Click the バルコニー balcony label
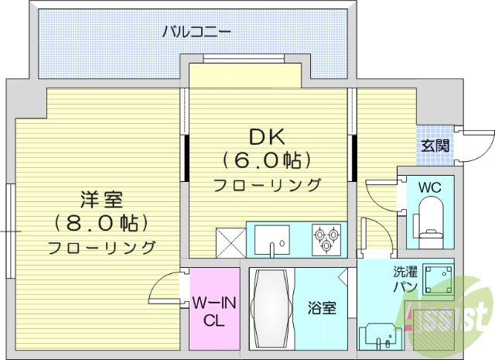click(x=196, y=33)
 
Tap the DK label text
click(x=267, y=137)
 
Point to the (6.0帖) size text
click(x=267, y=160)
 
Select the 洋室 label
click(x=101, y=200)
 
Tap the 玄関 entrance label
click(x=435, y=146)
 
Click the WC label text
click(x=430, y=187)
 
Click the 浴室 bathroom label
click(x=323, y=308)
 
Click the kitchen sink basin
click(x=271, y=238)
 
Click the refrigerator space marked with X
click(x=230, y=240)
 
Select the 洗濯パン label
click(x=405, y=279)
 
